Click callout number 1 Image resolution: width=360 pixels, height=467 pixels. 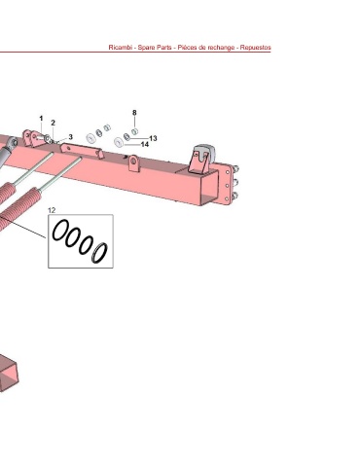(x=41, y=119)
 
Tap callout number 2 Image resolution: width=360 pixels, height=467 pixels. (x=53, y=123)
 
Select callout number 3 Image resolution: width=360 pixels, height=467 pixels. (x=70, y=137)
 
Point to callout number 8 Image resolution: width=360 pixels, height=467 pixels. (x=134, y=113)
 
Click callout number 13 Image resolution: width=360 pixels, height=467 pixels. (x=153, y=138)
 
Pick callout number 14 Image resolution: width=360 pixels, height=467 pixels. (x=145, y=144)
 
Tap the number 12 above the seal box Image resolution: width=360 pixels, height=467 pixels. (x=52, y=210)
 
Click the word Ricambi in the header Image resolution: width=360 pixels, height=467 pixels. (x=120, y=48)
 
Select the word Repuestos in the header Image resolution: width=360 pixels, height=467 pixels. (x=255, y=48)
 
